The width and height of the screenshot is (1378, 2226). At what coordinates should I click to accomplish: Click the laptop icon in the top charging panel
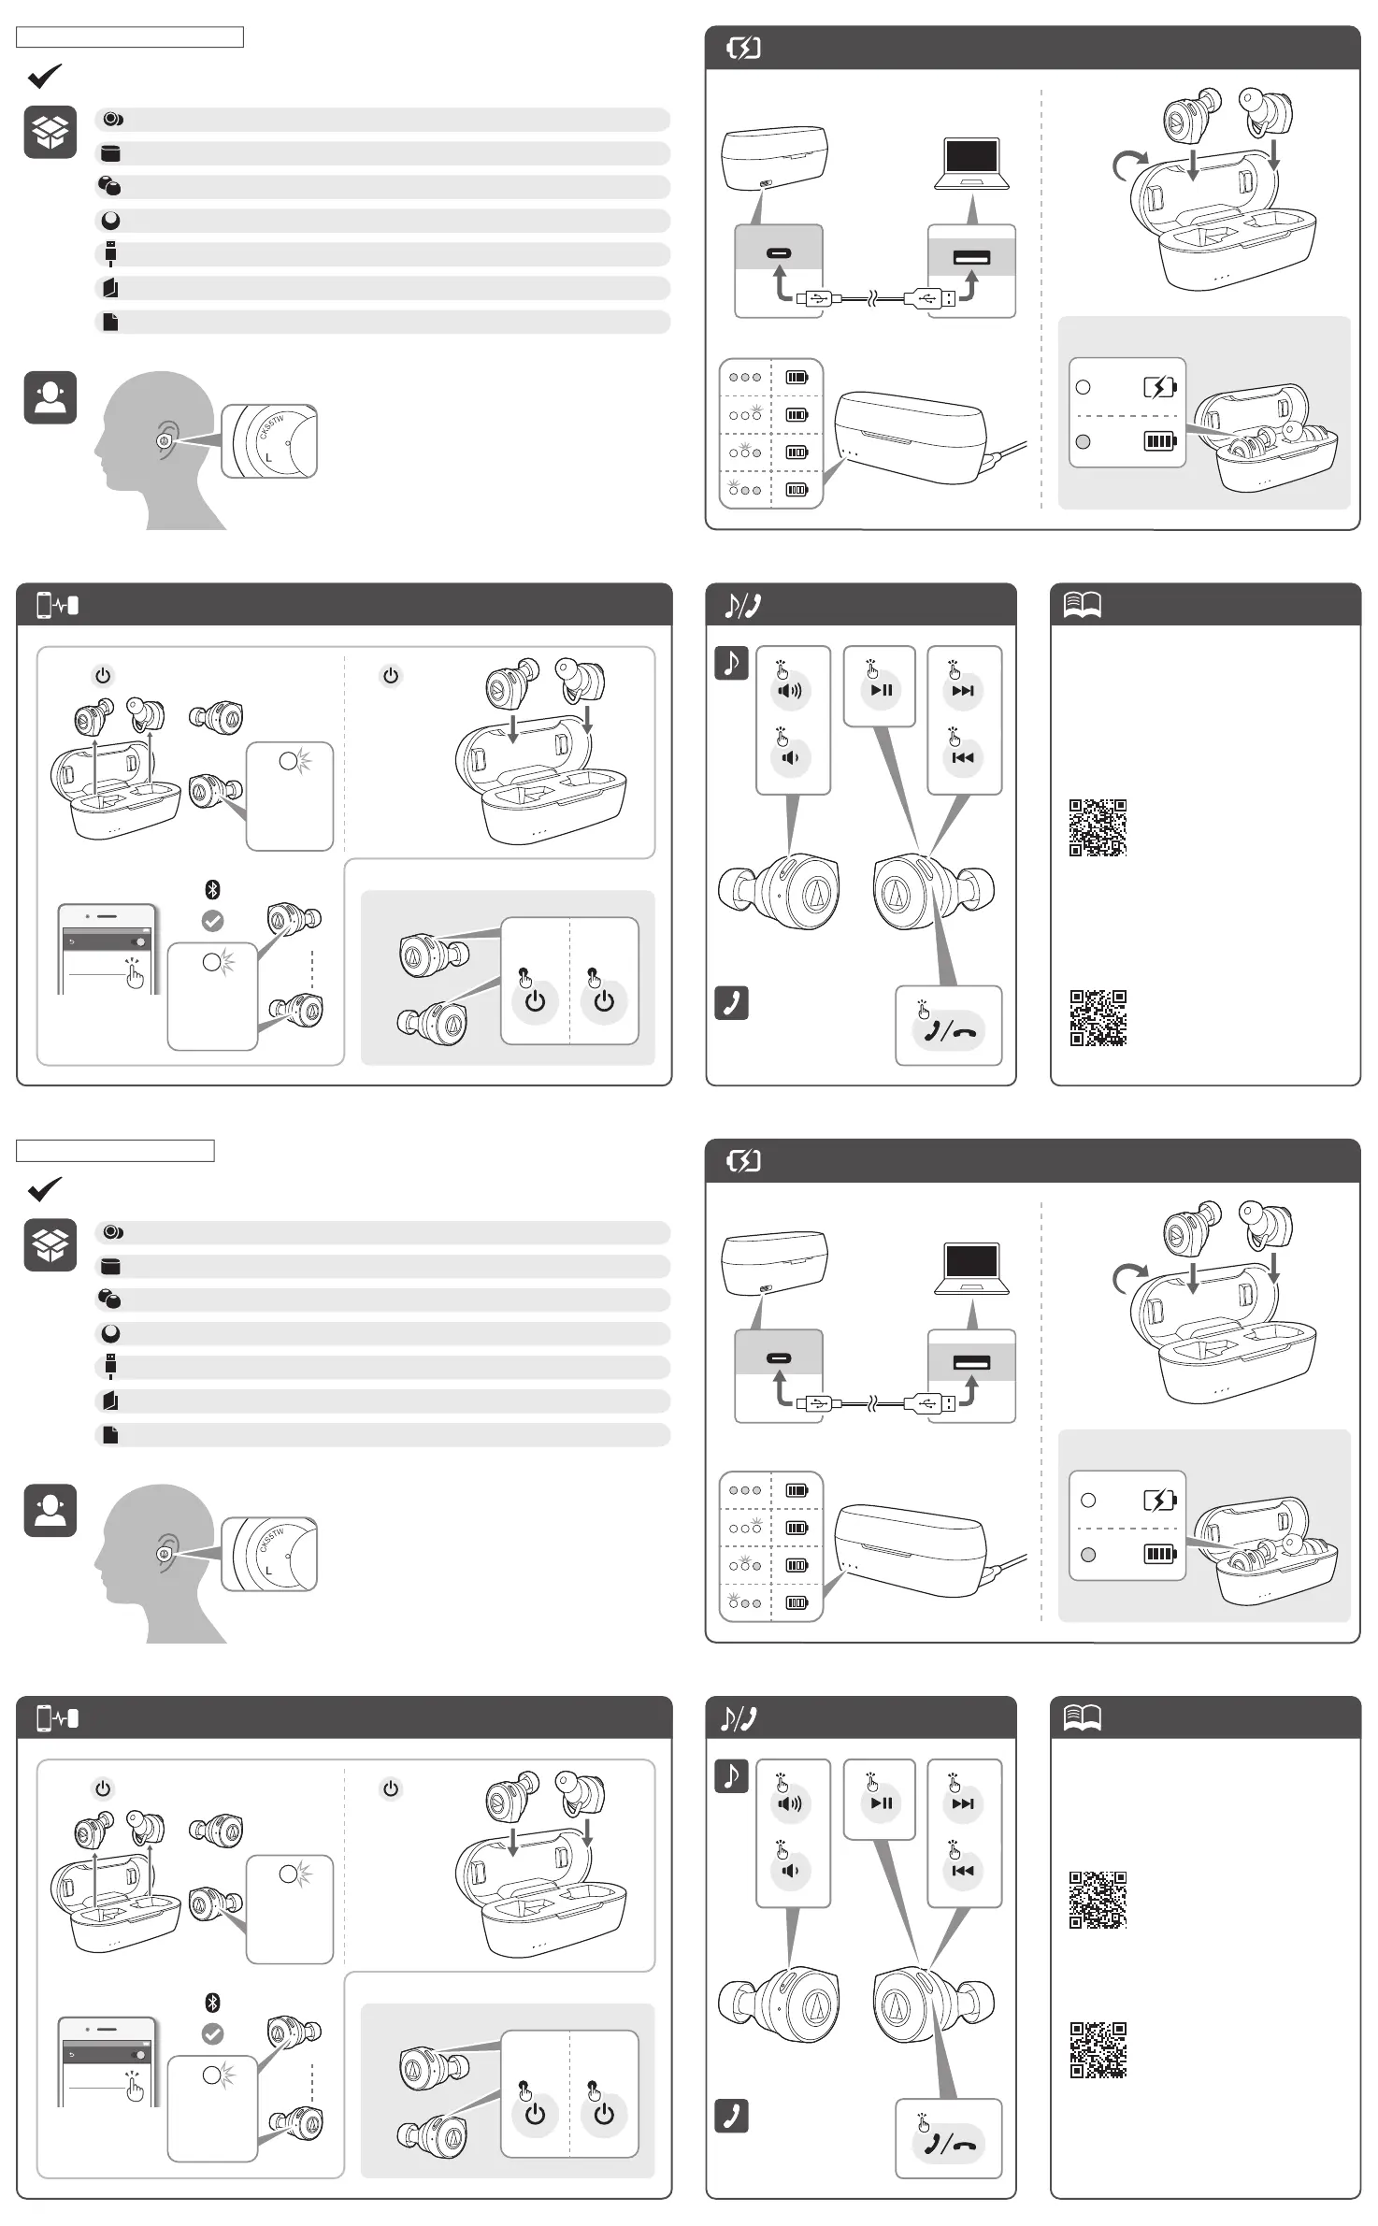971,164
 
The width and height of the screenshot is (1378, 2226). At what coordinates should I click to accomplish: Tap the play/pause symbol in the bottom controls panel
881,1803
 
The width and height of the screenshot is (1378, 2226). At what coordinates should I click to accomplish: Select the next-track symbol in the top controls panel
962,691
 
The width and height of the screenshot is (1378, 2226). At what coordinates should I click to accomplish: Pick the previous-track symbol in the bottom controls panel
962,1871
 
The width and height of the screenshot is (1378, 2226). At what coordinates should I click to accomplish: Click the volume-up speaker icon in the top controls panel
790,691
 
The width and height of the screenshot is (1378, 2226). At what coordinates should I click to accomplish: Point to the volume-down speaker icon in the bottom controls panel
790,1871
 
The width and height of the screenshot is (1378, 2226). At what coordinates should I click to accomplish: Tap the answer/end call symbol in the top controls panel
948,1031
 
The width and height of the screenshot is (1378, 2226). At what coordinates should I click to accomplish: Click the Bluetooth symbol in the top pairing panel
212,889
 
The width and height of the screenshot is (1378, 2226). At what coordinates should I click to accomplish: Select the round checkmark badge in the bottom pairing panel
213,2033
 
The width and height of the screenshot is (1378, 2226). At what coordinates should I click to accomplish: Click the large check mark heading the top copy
44,76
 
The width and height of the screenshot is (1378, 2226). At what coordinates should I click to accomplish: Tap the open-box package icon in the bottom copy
50,1245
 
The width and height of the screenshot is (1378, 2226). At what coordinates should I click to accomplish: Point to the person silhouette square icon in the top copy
50,397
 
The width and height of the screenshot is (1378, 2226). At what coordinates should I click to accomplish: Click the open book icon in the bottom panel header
1082,1717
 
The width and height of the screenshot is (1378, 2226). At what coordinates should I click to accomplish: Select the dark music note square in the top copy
731,663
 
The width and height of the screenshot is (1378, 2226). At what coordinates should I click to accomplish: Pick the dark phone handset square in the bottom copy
731,2116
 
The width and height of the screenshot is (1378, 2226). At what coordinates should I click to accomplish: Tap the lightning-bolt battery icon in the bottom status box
1159,1500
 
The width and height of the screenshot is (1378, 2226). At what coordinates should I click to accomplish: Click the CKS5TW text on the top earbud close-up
272,427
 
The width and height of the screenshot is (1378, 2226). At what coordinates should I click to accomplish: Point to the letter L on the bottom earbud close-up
269,1571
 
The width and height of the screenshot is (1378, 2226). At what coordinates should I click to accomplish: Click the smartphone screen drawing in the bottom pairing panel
108,2062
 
